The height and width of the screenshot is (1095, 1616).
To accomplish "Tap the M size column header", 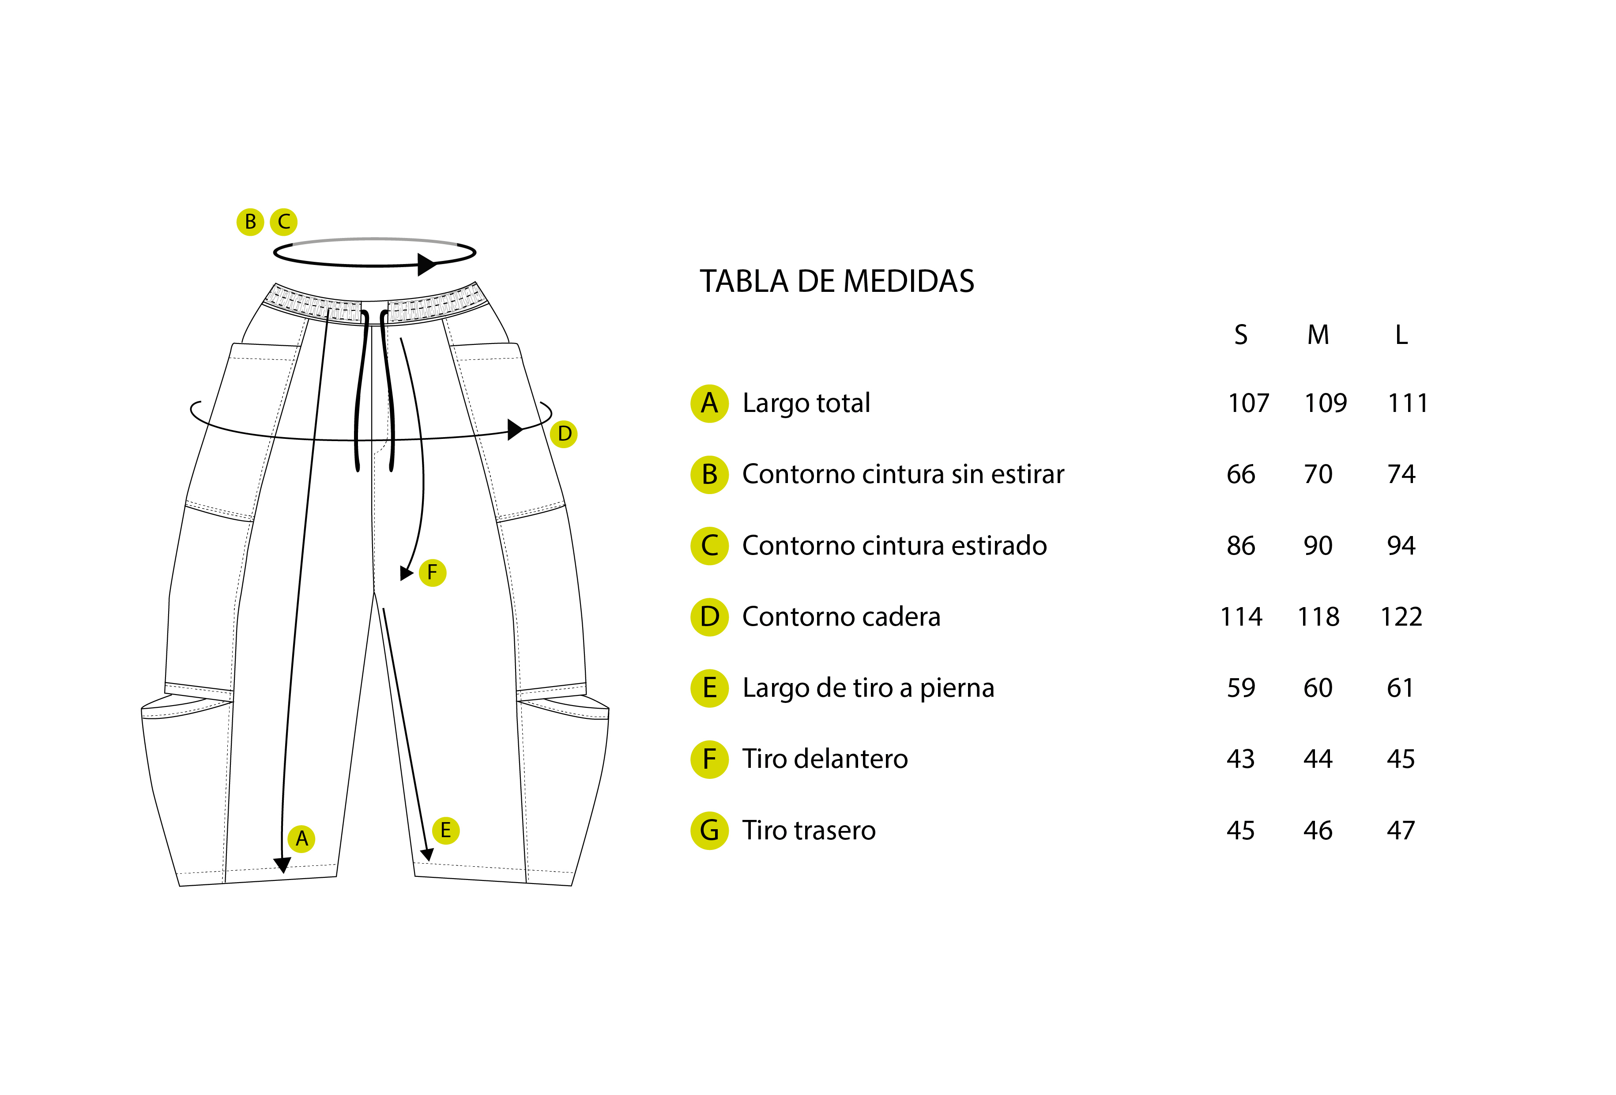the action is pyautogui.click(x=1318, y=335).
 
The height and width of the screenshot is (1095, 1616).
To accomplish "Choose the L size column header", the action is pyautogui.click(x=1401, y=335).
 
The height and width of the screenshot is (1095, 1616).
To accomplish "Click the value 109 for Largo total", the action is pyautogui.click(x=1326, y=403).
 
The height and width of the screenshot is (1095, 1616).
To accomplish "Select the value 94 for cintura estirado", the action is pyautogui.click(x=1401, y=545).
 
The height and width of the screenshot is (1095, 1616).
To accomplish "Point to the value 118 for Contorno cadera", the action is pyautogui.click(x=1318, y=616).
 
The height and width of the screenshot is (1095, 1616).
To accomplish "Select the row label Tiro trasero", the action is pyautogui.click(x=809, y=831).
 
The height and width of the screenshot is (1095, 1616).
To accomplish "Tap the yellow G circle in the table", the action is pyautogui.click(x=709, y=831).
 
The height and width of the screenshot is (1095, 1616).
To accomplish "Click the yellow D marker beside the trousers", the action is pyautogui.click(x=564, y=434).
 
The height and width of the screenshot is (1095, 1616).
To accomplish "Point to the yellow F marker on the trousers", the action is pyautogui.click(x=433, y=573).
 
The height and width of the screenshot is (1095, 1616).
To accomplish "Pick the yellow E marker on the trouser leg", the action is pyautogui.click(x=446, y=830).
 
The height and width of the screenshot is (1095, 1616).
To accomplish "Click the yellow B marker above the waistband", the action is pyautogui.click(x=250, y=222).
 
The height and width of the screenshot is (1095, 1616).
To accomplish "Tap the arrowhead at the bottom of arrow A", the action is pyautogui.click(x=283, y=865).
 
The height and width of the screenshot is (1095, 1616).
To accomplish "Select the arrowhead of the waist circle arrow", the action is pyautogui.click(x=427, y=264).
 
